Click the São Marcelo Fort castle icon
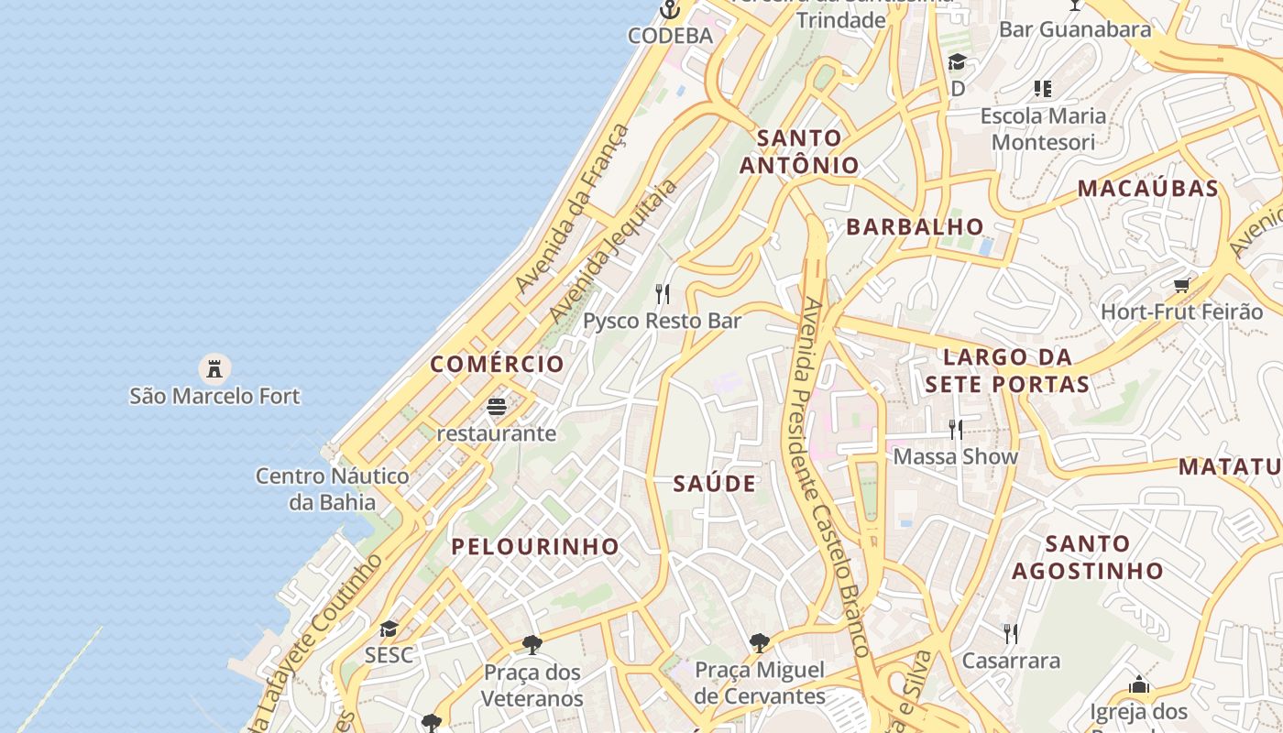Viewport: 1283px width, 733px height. (214, 369)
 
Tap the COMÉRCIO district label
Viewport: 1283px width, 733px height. (498, 364)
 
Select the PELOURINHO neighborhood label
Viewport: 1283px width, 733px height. (535, 547)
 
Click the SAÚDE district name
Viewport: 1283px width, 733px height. (715, 484)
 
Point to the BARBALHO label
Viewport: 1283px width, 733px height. (915, 227)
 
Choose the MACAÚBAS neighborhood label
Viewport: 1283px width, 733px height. (1147, 189)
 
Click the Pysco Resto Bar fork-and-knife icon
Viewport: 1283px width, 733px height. (663, 294)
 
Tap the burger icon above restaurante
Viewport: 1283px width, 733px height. (497, 406)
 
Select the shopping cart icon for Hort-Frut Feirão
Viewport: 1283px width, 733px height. (1182, 286)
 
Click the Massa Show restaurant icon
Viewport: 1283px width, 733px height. (956, 429)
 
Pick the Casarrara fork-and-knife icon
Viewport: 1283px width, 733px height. (1011, 633)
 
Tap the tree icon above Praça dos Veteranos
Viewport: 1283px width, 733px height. (532, 645)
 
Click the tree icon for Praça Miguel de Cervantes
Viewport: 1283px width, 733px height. (759, 642)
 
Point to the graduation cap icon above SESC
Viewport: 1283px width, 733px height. (389, 629)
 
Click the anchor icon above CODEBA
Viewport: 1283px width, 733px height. (670, 10)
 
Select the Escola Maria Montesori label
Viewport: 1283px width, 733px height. (1043, 129)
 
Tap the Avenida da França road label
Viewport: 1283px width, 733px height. (573, 209)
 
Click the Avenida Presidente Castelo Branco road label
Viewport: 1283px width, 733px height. (834, 476)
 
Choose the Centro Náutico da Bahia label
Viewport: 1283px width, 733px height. (332, 488)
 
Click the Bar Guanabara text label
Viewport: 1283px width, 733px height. (1074, 29)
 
